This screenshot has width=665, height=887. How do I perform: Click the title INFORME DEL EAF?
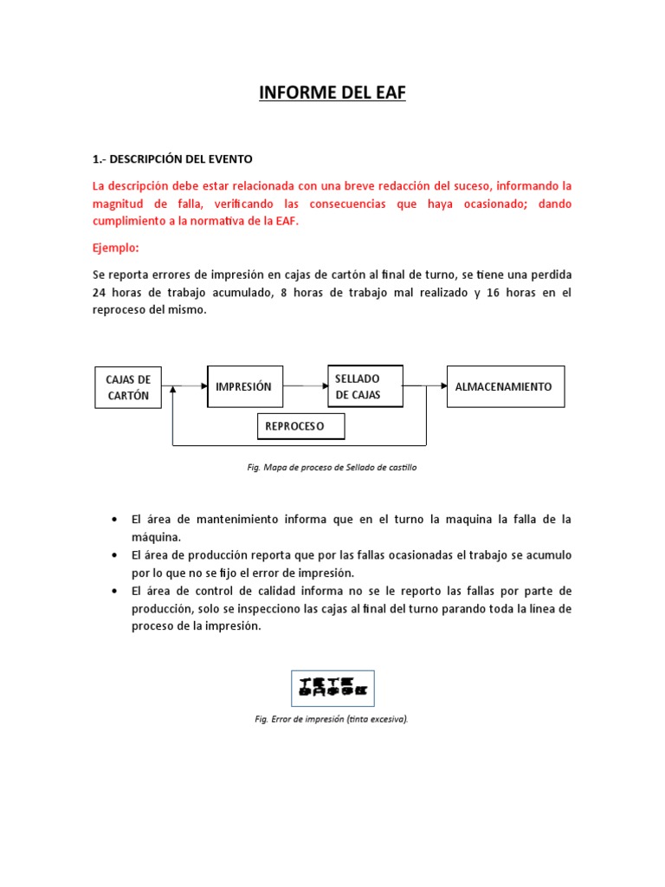click(332, 93)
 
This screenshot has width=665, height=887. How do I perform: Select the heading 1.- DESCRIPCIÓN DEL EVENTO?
click(172, 159)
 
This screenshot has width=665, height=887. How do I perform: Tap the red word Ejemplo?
click(115, 248)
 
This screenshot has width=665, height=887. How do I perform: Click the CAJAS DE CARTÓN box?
click(127, 387)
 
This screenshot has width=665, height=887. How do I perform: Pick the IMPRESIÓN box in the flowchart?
click(244, 386)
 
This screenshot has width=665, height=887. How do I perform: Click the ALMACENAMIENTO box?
click(504, 386)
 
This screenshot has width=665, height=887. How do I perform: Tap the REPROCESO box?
click(300, 426)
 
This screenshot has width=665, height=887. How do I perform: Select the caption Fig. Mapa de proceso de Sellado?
click(332, 467)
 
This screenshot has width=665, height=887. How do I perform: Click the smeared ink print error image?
click(332, 687)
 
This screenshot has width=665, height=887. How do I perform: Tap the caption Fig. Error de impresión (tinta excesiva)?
click(332, 719)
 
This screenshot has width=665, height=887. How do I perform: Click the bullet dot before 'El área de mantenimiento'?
click(115, 519)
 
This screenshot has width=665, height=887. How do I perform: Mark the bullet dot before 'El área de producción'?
click(115, 554)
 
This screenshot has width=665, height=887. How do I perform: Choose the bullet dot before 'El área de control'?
click(115, 591)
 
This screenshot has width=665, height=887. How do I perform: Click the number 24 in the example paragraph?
click(99, 293)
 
